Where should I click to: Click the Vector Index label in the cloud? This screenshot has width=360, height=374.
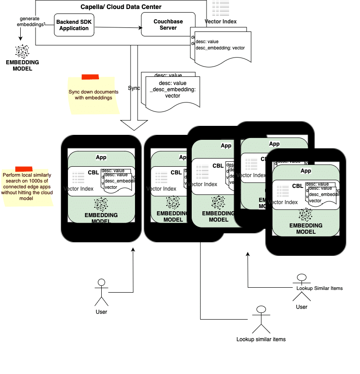tap(220, 21)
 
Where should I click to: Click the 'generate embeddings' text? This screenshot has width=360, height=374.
tap(32, 22)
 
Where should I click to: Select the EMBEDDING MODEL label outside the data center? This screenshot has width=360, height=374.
tap(22, 66)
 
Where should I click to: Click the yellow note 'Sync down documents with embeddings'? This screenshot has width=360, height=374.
tap(94, 95)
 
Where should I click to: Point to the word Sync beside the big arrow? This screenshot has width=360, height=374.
tap(134, 88)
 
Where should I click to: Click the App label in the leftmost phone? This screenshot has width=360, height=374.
tap(101, 157)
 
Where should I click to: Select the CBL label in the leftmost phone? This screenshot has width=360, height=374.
tap(93, 172)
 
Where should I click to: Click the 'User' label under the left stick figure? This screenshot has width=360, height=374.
tap(102, 312)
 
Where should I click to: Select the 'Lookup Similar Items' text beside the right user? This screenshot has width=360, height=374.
tap(319, 288)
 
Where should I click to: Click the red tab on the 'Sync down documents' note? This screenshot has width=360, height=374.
tap(90, 77)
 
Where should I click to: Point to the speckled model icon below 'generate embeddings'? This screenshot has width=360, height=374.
tap(22, 51)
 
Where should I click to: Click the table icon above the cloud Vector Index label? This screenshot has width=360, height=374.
tap(220, 9)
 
